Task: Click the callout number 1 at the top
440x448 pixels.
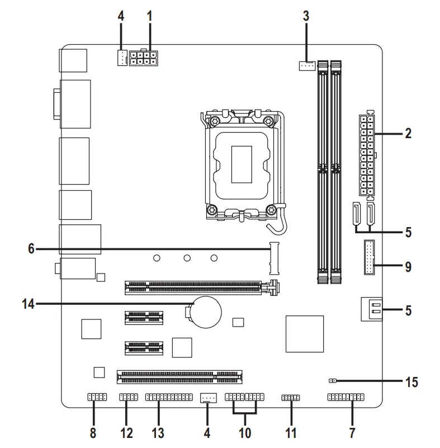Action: tap(149, 16)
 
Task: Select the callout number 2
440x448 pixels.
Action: tap(408, 134)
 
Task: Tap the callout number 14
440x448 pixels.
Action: tap(29, 304)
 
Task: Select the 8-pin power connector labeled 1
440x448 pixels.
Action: tap(143, 58)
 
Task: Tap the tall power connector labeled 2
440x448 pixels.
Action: tap(366, 155)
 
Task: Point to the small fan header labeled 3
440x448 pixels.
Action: tap(305, 66)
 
